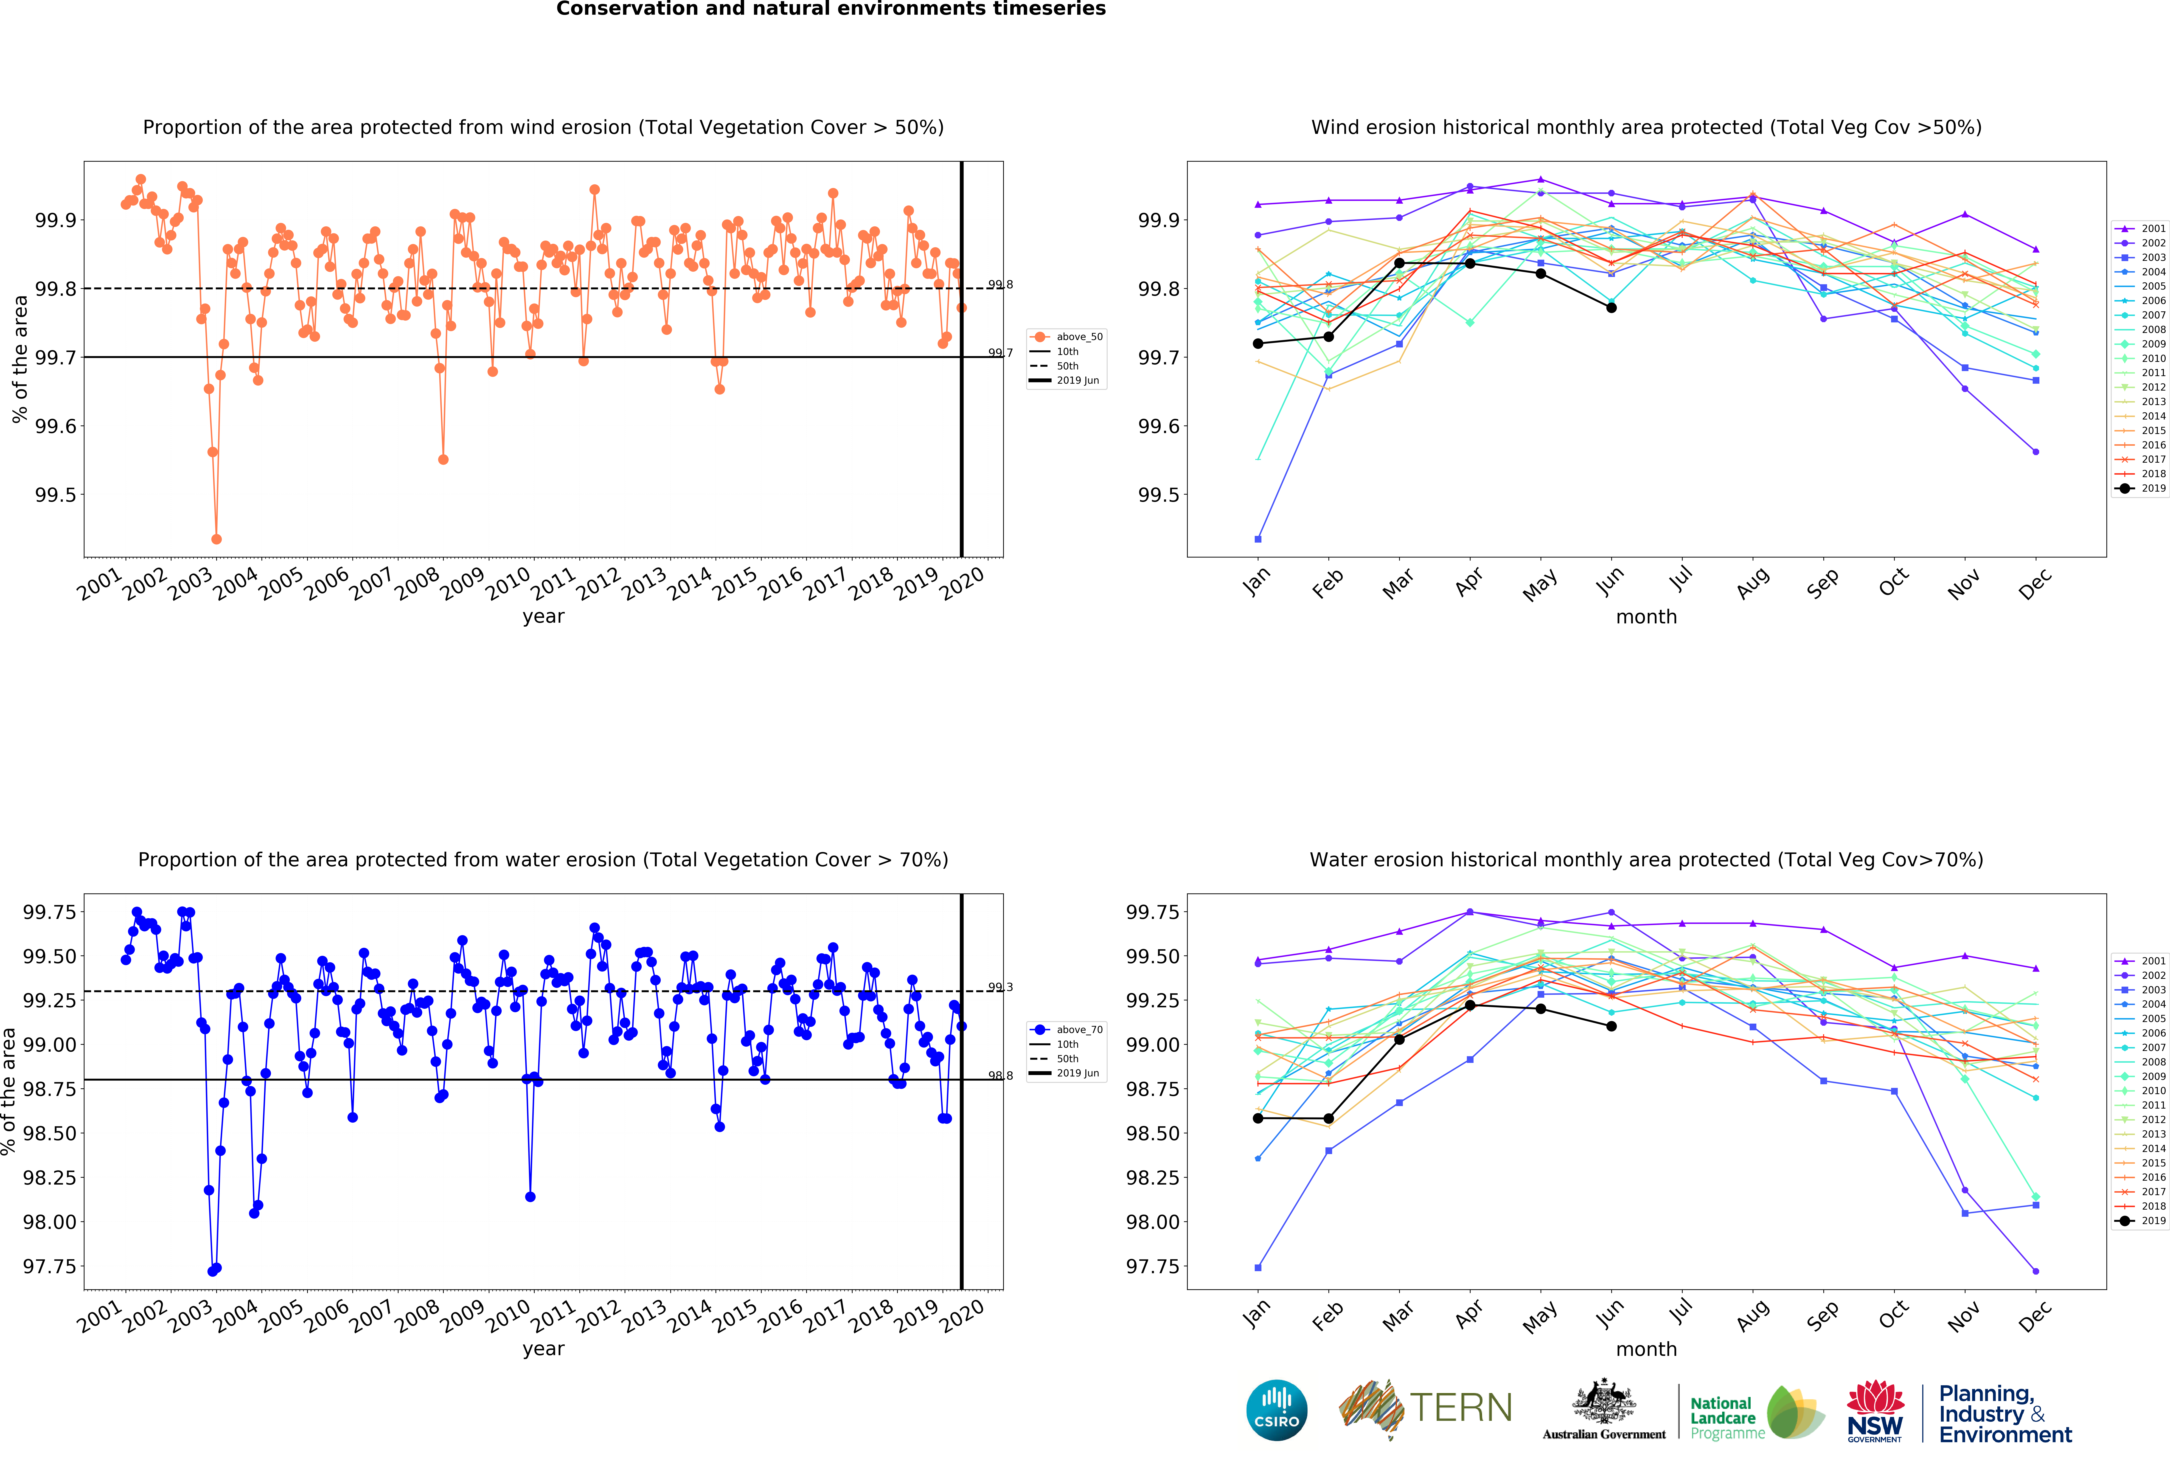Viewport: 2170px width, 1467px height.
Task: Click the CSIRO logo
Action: click(x=1276, y=1410)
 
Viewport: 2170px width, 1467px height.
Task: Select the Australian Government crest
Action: click(x=1603, y=1401)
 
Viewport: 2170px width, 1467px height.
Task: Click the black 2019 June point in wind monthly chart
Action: click(x=1611, y=307)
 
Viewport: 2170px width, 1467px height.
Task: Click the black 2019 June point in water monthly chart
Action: click(x=1611, y=1026)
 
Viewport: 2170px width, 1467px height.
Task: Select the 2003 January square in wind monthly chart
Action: click(x=1258, y=539)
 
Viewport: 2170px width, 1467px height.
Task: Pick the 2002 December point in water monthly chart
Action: click(x=2035, y=1271)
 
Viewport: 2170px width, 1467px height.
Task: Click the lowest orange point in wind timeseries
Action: click(x=217, y=539)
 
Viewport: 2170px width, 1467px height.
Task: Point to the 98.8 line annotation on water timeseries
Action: click(x=1000, y=1076)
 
